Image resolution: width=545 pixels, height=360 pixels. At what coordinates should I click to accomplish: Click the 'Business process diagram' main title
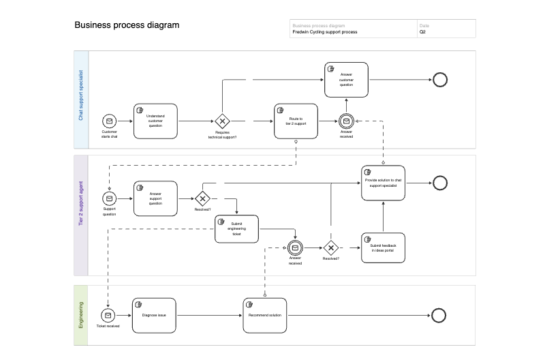tap(127, 25)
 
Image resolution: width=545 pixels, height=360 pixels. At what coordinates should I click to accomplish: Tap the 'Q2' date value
tap(422, 32)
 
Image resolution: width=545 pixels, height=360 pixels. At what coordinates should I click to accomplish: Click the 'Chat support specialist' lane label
tap(81, 95)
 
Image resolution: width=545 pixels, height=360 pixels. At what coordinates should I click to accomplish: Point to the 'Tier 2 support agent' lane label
tap(81, 203)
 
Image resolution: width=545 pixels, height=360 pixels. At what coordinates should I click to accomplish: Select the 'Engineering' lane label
tap(81, 314)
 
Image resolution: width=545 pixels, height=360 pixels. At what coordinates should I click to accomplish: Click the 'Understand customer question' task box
tap(155, 121)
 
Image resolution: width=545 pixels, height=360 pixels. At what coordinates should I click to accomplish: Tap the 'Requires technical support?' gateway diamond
tap(222, 121)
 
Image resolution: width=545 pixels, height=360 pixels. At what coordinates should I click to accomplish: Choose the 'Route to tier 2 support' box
tap(296, 121)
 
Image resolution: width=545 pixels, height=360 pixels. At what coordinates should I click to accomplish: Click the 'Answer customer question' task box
tap(346, 80)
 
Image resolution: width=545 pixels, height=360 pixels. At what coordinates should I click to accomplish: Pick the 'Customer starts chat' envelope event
tap(110, 121)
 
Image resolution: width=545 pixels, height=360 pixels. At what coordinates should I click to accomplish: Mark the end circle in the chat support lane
tap(440, 80)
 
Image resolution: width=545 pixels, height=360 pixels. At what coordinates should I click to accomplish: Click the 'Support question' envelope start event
tap(110, 198)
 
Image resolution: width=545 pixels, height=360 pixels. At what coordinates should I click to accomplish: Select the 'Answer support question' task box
tap(155, 198)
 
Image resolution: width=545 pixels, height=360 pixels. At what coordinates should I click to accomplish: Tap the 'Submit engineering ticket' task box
tap(237, 230)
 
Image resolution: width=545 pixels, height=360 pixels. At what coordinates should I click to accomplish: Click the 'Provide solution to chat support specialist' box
tap(384, 183)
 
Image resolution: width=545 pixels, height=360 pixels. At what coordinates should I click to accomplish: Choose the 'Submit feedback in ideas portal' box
tap(384, 247)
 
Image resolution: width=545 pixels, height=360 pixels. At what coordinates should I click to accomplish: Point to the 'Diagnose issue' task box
tap(154, 315)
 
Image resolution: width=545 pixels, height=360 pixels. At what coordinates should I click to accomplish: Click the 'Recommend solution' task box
tap(265, 315)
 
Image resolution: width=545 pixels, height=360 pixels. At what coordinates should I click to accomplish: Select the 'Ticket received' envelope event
tap(108, 315)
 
